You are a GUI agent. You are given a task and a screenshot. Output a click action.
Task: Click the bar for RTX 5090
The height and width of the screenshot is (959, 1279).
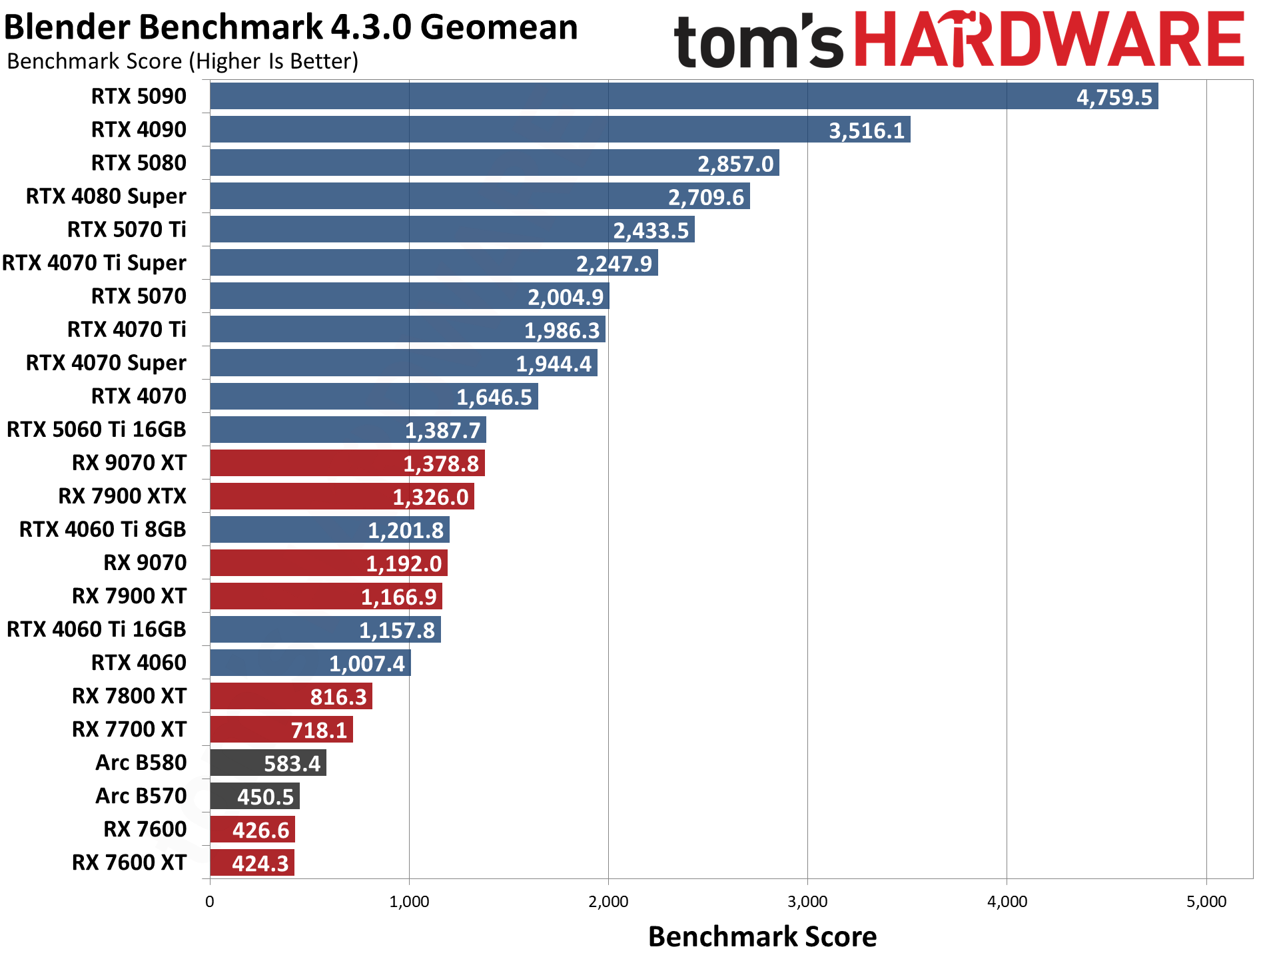pyautogui.click(x=683, y=96)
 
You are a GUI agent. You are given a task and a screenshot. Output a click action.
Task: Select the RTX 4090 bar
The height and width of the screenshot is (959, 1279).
pyautogui.click(x=560, y=129)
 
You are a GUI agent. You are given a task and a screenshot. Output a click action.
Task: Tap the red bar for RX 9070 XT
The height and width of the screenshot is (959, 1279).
pyautogui.click(x=347, y=463)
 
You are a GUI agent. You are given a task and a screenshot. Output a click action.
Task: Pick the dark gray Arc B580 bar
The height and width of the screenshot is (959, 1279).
pyautogui.click(x=268, y=763)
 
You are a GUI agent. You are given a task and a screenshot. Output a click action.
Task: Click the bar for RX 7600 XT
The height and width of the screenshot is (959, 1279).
pyautogui.click(x=252, y=862)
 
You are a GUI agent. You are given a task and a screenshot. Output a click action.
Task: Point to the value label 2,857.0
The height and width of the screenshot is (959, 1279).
pyautogui.click(x=735, y=164)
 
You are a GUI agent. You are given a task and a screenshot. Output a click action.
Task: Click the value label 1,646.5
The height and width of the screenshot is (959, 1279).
pyautogui.click(x=494, y=397)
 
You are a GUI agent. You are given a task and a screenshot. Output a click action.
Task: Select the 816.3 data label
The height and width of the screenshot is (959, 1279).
pyautogui.click(x=338, y=697)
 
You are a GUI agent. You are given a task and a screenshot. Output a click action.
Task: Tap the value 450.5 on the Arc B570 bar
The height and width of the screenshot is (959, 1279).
pyautogui.click(x=265, y=797)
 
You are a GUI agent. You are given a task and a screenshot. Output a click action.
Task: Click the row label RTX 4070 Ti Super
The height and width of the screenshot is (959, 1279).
pyautogui.click(x=94, y=263)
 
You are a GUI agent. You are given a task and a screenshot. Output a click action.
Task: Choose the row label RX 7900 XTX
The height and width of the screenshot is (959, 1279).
pyautogui.click(x=122, y=496)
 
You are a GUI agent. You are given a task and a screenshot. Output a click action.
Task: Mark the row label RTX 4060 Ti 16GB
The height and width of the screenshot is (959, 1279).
pyautogui.click(x=96, y=629)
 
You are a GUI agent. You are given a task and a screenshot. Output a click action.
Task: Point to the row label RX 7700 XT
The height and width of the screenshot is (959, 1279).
pyautogui.click(x=129, y=729)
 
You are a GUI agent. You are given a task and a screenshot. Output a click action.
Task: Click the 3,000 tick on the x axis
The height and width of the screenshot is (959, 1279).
pyautogui.click(x=807, y=902)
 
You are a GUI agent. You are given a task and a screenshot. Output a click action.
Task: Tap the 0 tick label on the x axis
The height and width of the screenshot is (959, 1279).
pyautogui.click(x=210, y=902)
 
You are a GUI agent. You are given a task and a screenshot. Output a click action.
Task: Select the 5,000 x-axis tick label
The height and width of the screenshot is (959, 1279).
pyautogui.click(x=1206, y=902)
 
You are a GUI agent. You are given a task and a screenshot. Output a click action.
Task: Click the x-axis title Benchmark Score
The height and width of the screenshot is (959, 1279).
pyautogui.click(x=762, y=936)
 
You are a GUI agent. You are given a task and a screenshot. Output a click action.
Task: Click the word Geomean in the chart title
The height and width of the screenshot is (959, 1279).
pyautogui.click(x=499, y=28)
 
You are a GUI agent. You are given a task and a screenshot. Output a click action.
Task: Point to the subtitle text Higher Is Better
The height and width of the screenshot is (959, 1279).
pyautogui.click(x=273, y=61)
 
